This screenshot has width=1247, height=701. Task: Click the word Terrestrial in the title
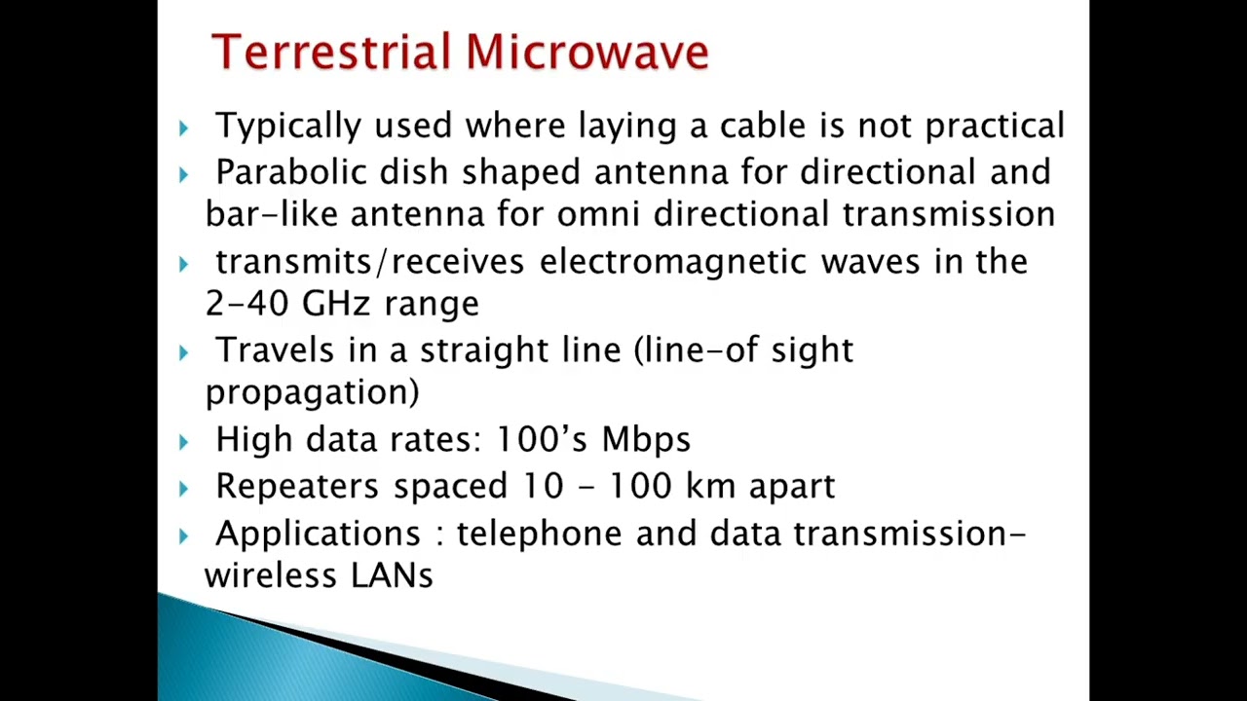(330, 52)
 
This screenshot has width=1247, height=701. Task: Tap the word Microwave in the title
(587, 52)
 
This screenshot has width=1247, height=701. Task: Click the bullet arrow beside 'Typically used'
(184, 129)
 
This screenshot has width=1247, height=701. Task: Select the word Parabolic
(291, 171)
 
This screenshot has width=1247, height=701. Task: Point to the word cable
(763, 125)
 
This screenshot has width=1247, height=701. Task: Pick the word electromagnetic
(673, 263)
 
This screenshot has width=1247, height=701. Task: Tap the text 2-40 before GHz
(247, 303)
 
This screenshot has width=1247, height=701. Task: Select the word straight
(484, 351)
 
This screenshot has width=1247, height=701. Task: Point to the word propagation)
(313, 393)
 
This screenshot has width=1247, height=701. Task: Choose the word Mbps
(646, 440)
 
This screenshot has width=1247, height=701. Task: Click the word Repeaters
(297, 486)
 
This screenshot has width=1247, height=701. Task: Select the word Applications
(319, 534)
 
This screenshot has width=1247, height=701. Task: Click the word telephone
(539, 534)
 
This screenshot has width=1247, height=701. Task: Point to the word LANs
(392, 575)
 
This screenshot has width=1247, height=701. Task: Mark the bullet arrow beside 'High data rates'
(184, 443)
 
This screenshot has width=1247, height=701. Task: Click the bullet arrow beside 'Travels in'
(184, 353)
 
